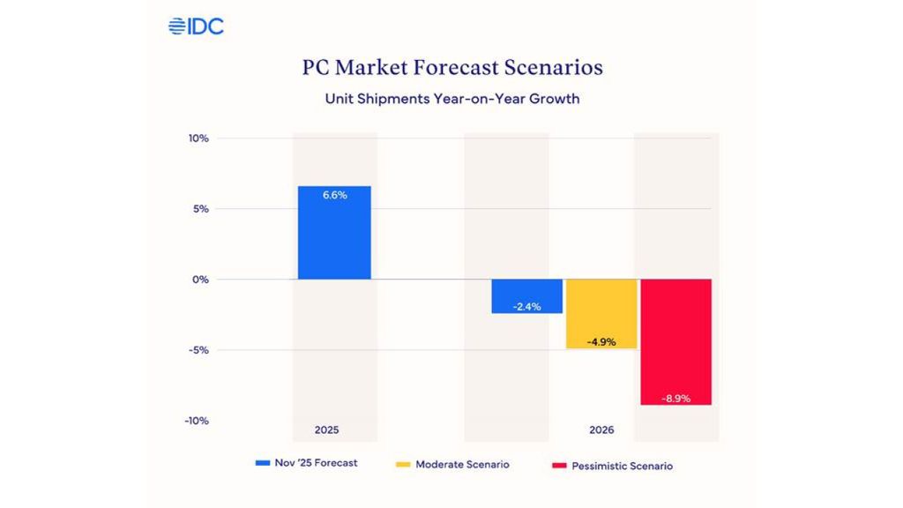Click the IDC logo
[x=196, y=26]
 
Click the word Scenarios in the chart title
[x=554, y=68]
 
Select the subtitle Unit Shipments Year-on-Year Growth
[x=451, y=99]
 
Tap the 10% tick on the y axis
[x=198, y=138]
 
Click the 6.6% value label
[x=334, y=196]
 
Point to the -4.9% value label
[x=601, y=341]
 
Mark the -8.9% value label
[x=675, y=399]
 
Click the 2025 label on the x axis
[x=326, y=430]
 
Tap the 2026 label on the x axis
[x=601, y=430]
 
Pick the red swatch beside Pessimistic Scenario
[x=558, y=465]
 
